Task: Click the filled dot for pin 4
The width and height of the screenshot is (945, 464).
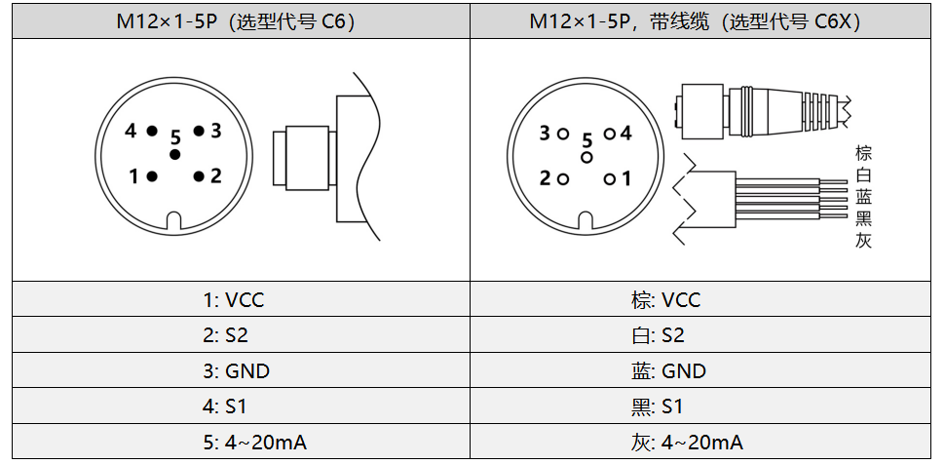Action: point(151,131)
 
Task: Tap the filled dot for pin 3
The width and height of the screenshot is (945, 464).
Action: point(199,131)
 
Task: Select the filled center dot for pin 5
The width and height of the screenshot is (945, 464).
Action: point(175,155)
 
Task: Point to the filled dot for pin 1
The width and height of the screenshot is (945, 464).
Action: point(151,176)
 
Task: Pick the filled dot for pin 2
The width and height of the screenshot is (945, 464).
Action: point(199,176)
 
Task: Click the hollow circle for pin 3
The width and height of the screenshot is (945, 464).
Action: point(562,134)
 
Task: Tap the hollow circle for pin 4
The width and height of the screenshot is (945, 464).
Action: point(609,134)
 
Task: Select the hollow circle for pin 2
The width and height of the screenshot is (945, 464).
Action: point(562,178)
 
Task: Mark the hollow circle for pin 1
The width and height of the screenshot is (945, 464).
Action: point(609,178)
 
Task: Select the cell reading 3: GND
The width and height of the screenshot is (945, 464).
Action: point(237,371)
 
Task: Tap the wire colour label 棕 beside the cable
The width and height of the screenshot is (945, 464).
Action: point(863,153)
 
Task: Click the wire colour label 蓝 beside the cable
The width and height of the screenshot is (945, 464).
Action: point(863,196)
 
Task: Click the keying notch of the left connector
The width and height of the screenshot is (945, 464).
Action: point(174,222)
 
